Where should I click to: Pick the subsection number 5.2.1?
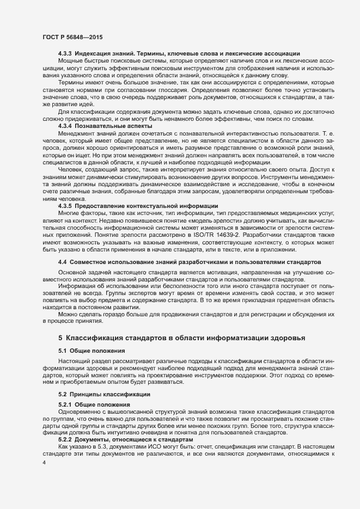[x=65, y=404]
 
